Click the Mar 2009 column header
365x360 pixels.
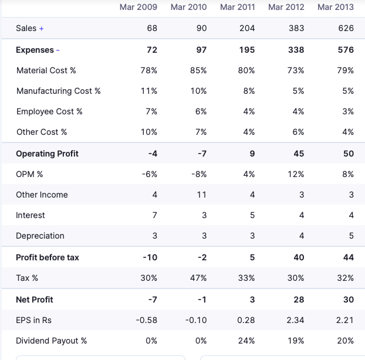coord(138,7)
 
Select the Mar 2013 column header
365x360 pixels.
coord(336,7)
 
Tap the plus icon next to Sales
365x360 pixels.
coord(42,29)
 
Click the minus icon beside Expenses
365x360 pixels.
coord(58,50)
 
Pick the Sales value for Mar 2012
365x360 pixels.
coord(296,28)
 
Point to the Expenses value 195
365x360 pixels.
coord(247,50)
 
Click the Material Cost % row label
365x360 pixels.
coord(46,70)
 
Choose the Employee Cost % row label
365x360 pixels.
coord(49,111)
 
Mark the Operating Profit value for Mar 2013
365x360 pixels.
coord(349,154)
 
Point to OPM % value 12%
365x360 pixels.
coord(296,174)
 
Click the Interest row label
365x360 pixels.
coord(31,215)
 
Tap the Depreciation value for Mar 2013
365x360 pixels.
coord(351,236)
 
